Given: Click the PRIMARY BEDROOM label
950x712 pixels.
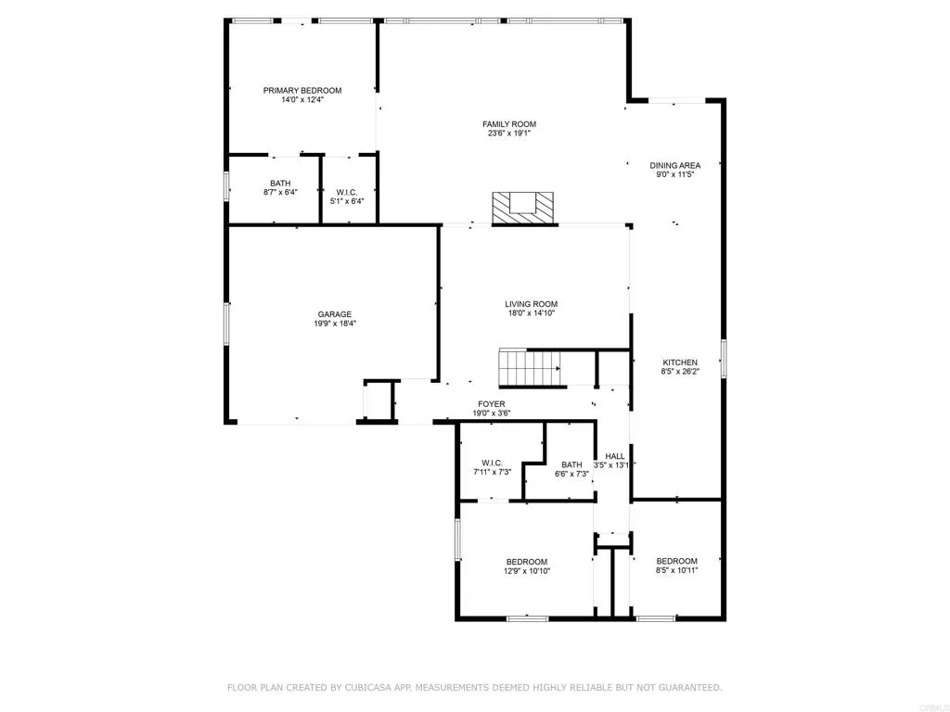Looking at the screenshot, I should (302, 91).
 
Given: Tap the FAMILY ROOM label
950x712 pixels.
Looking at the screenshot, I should (508, 124).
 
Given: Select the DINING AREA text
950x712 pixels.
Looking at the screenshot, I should (674, 165).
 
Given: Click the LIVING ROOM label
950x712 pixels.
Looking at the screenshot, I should (531, 304).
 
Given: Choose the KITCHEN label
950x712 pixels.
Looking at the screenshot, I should (679, 362).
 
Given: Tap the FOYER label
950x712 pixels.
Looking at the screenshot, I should (491, 404).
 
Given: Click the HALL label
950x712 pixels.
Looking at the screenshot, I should (614, 456).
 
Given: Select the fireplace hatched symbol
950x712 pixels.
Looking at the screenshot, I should (523, 207).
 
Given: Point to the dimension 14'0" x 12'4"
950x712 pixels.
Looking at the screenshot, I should (302, 100).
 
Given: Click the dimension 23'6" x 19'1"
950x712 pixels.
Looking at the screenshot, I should (508, 133).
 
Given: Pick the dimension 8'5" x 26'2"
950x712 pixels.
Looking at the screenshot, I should (680, 372).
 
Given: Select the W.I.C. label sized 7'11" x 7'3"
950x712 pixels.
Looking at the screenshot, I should (492, 463).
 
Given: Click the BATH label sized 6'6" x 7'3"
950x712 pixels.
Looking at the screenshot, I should (571, 464).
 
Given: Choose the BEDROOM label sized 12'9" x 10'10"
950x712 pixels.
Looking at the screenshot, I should (526, 562).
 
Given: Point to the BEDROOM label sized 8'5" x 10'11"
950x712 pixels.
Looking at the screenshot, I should (676, 561).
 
